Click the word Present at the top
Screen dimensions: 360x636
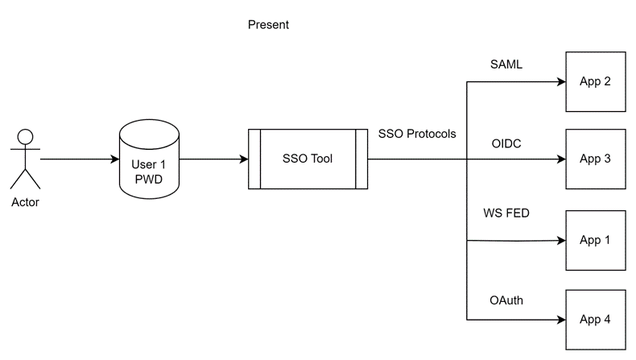pos(268,25)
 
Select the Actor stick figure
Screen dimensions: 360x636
pos(25,158)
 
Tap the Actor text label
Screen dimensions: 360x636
pos(25,202)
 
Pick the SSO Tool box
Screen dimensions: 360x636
pos(308,159)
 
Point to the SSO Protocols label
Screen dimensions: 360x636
pos(417,134)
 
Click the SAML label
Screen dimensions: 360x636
pos(506,64)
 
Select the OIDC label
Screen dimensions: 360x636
pos(506,143)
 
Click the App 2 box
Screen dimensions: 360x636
pos(595,81)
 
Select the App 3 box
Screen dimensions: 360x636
pos(595,159)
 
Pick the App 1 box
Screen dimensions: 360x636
pos(595,240)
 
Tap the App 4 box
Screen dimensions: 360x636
pos(595,320)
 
